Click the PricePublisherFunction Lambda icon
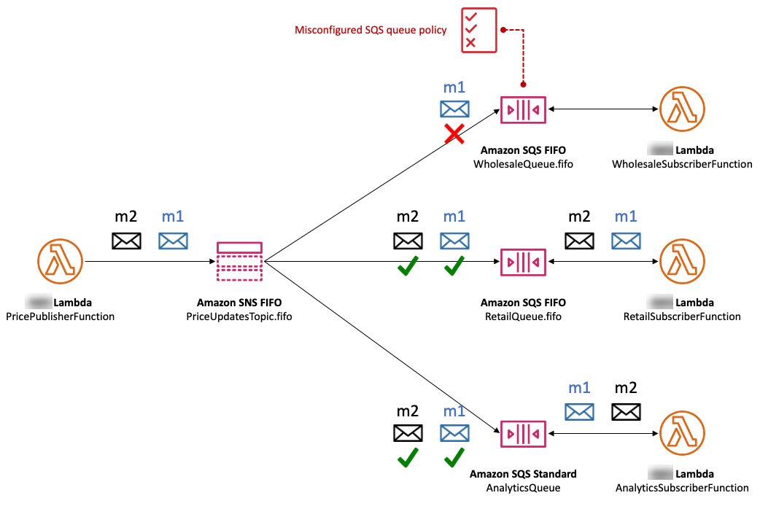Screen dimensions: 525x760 click(60, 261)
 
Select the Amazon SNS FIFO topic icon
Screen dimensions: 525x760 click(239, 261)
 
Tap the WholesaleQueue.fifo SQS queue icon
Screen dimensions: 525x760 click(523, 109)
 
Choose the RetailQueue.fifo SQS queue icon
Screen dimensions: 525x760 click(523, 262)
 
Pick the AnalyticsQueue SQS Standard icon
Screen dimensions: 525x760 click(523, 433)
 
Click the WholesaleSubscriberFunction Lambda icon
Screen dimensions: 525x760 click(683, 109)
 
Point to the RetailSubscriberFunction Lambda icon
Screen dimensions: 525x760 click(683, 262)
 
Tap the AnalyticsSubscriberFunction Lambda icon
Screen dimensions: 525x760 click(683, 433)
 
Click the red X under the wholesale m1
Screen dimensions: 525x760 click(454, 133)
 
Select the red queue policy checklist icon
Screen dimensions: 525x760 click(478, 30)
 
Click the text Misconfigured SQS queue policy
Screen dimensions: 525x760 click(371, 30)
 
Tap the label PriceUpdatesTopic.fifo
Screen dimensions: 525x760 click(239, 316)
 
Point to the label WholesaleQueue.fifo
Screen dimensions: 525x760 click(523, 164)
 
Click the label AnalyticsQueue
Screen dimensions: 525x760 click(523, 488)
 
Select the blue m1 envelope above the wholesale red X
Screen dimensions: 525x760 click(454, 109)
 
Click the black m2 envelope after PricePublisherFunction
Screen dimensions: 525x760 click(126, 240)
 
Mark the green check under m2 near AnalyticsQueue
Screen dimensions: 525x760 click(408, 457)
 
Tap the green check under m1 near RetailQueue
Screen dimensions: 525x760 click(454, 267)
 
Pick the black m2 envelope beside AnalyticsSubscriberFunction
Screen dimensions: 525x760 click(626, 412)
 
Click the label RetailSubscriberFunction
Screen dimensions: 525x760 click(682, 316)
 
